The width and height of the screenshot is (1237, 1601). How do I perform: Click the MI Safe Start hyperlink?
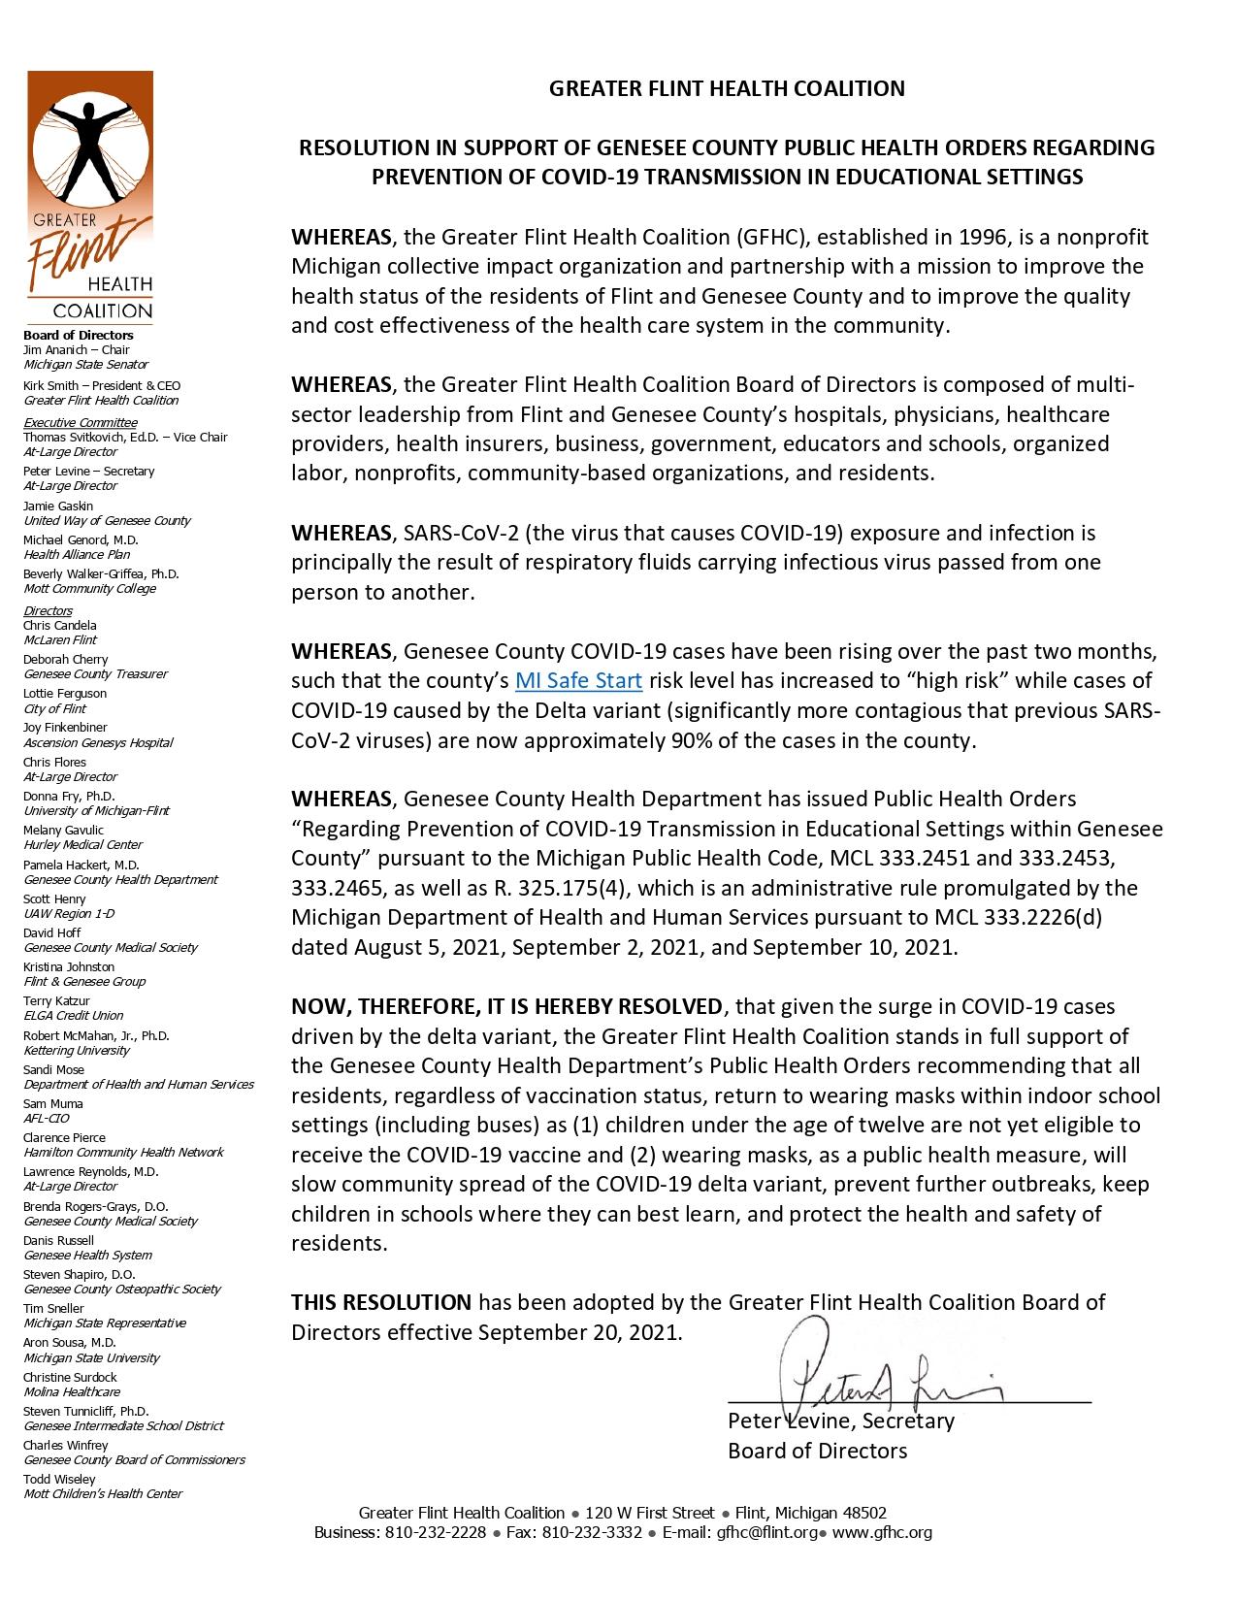coord(578,680)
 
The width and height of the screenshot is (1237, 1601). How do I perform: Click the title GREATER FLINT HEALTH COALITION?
coord(727,88)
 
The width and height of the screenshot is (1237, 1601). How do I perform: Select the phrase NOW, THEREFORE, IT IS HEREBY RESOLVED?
coord(506,1006)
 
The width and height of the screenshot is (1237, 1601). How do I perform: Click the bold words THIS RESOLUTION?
coord(381,1302)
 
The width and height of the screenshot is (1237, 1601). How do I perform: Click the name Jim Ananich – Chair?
coord(77,350)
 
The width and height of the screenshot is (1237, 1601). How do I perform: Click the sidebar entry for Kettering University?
coord(77,1050)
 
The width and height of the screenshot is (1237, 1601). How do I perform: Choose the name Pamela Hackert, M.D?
coord(81,865)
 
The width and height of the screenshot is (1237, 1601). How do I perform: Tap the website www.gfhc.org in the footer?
coord(883,1533)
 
